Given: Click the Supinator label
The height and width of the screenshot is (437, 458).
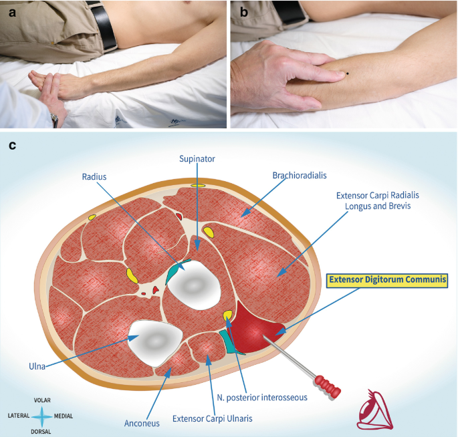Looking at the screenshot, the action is pos(197,158).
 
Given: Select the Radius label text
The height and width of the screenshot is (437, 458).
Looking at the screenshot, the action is pos(94,177).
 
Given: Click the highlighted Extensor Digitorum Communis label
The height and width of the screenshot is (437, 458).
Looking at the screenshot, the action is pos(386,279).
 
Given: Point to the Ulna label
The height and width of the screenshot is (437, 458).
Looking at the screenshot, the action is pos(37,365).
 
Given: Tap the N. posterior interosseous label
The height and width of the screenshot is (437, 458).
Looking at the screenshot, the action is pos(262,397).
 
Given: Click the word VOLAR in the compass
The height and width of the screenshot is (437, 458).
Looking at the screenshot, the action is pos(42,400).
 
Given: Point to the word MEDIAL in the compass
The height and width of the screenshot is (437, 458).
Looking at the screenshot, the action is pos(64,416).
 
